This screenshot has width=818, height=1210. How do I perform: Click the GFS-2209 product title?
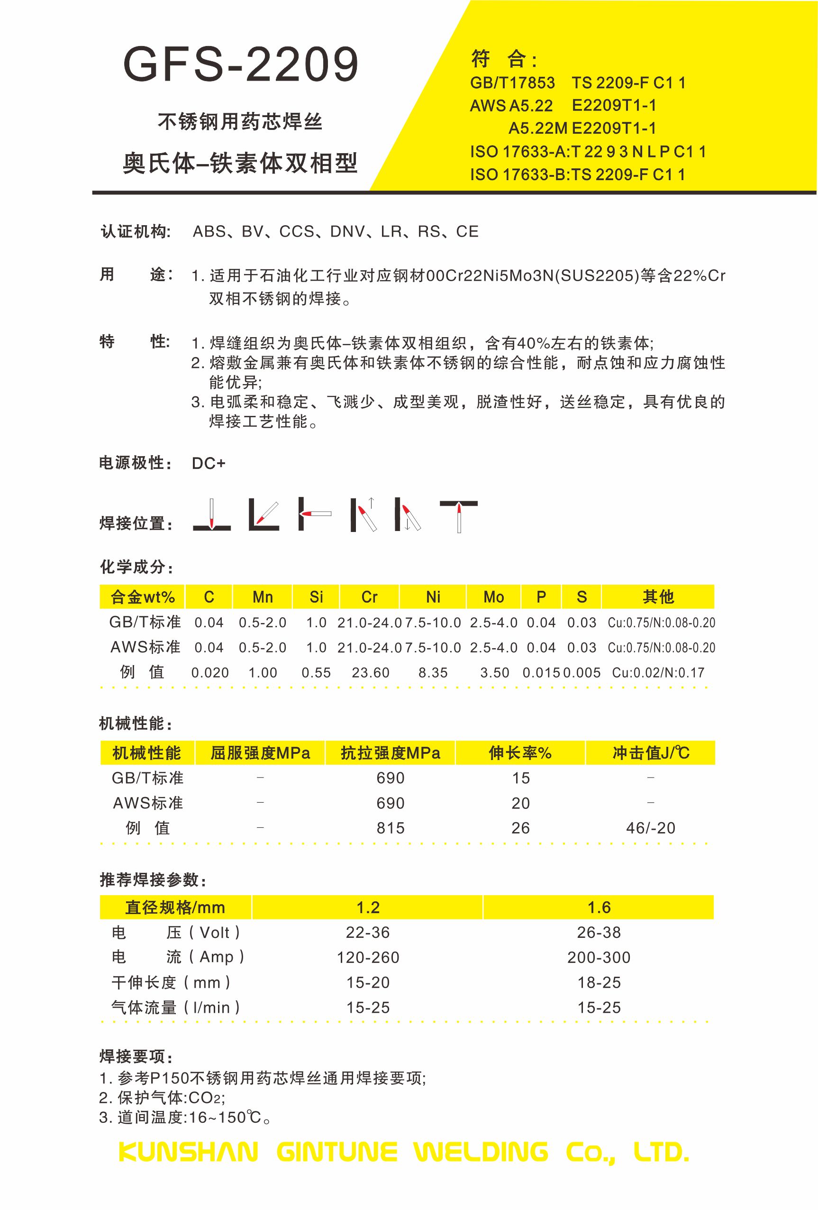point(241,64)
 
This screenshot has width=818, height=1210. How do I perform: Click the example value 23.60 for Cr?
point(371,673)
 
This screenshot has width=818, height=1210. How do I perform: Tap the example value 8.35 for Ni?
point(433,673)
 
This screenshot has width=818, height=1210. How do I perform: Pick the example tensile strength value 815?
point(390,828)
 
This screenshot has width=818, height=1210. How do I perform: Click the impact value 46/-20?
point(650,828)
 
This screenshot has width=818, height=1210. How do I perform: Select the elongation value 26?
point(520,828)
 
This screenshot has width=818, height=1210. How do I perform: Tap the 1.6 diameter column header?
point(599,907)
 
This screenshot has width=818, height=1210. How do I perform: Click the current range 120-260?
point(368,957)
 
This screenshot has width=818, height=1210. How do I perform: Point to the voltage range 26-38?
point(599,933)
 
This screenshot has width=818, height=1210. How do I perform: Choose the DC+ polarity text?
point(208,463)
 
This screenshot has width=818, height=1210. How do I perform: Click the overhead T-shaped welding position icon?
point(458,515)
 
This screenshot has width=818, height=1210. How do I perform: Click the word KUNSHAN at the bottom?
point(188,1152)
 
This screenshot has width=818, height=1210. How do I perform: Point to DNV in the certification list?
point(347,232)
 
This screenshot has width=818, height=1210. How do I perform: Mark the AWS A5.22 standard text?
point(511,106)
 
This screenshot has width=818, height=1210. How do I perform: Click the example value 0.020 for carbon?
point(209,673)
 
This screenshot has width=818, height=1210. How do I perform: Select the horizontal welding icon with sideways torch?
point(314,513)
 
